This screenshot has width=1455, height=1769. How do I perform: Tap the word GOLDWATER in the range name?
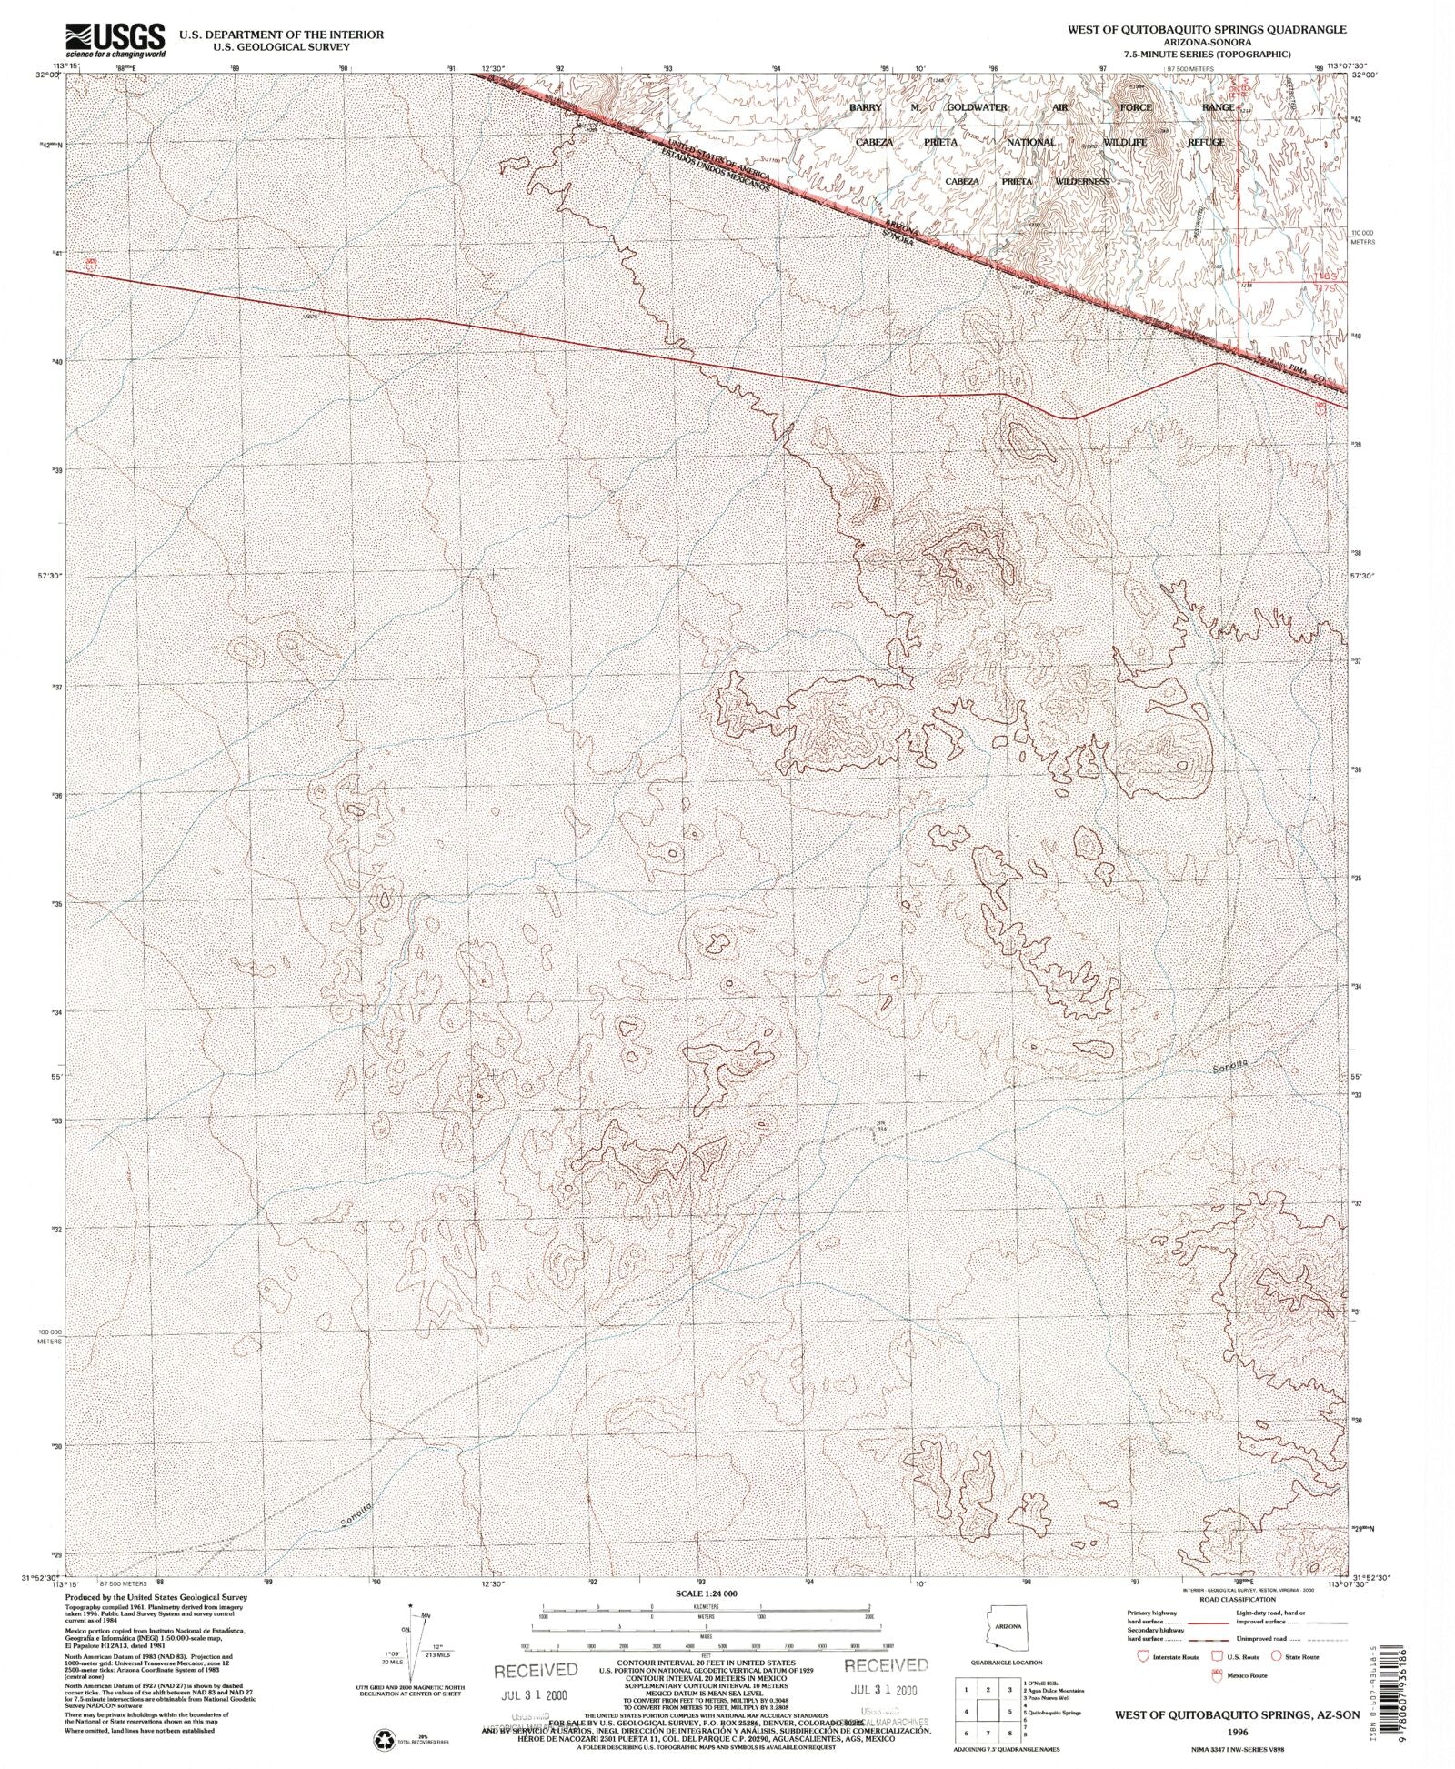977,107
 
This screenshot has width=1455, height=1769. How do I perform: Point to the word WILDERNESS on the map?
1082,181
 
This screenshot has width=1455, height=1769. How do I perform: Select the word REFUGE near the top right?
1205,143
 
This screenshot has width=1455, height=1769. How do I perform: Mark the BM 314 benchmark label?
880,1125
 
